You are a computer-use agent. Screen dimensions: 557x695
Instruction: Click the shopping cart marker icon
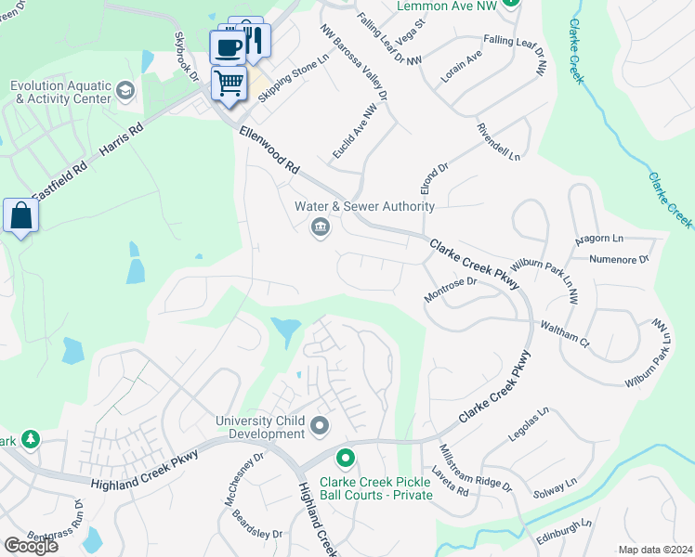pos(229,84)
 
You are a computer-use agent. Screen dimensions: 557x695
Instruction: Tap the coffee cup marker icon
pos(228,45)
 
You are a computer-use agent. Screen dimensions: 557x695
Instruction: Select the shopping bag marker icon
pos(20,216)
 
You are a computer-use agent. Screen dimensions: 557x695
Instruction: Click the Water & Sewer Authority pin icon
pos(321,227)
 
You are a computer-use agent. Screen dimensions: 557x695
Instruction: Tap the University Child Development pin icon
pos(321,426)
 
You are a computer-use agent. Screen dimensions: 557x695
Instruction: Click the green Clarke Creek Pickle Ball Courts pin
pos(346,459)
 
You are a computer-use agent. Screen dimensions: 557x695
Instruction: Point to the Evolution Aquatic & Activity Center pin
pos(125,91)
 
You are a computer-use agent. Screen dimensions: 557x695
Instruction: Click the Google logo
pos(31,546)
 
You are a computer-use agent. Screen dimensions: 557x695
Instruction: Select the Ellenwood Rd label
pos(269,152)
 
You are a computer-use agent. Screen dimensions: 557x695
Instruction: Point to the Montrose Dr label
pos(450,289)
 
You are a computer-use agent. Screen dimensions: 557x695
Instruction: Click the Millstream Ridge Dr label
pos(475,469)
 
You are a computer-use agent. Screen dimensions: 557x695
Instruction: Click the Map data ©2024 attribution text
pos(656,550)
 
